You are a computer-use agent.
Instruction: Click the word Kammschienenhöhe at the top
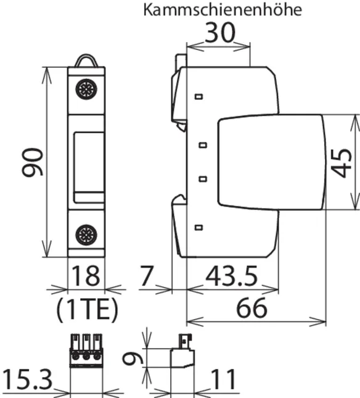[223, 10]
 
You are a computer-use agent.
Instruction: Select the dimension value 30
[220, 33]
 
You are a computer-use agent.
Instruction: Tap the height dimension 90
[32, 162]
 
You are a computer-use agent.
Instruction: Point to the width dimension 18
[86, 276]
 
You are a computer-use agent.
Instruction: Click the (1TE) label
[87, 309]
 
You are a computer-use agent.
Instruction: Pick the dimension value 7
[147, 276]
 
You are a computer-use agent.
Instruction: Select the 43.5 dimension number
[231, 276]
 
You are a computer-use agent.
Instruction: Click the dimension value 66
[252, 308]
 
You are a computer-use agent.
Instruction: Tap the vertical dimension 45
[342, 163]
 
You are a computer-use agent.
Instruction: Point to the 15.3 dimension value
[27, 379]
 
